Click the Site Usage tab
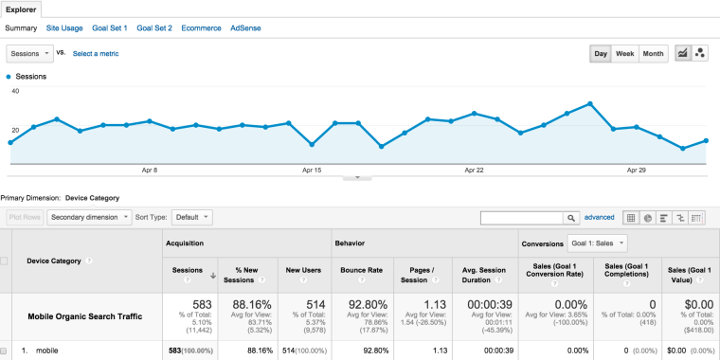click(64, 28)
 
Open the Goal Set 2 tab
click(154, 28)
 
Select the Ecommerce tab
click(202, 28)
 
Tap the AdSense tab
click(245, 28)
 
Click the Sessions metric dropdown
click(29, 54)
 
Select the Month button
click(653, 54)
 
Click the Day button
click(601, 54)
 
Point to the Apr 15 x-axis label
click(312, 171)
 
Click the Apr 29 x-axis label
click(637, 171)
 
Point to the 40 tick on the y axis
click(14, 91)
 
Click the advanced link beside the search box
click(599, 217)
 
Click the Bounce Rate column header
click(361, 269)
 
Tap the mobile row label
click(47, 350)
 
